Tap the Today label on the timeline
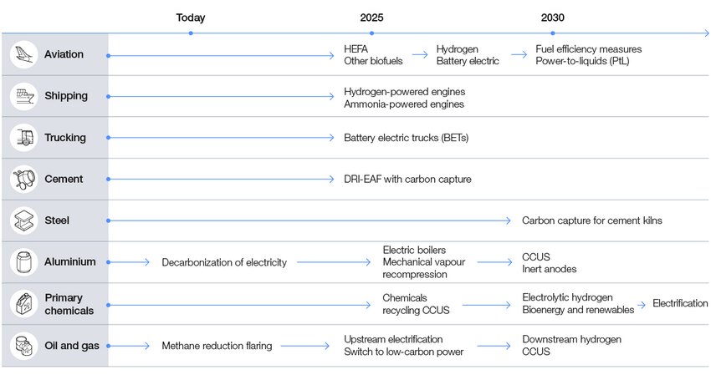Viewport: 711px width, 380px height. point(190,18)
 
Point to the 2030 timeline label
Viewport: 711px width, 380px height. point(552,18)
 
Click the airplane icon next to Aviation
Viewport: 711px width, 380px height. point(23,54)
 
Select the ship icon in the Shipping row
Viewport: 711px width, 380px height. point(23,96)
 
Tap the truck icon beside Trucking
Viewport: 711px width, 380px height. point(23,138)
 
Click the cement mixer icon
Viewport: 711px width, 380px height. point(23,179)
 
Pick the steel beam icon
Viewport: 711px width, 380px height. point(23,220)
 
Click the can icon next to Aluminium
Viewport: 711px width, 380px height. point(23,261)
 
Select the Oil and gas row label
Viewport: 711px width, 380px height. point(71,345)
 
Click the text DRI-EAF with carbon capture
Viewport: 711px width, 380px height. point(408,179)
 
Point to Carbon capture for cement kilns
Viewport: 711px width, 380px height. point(591,220)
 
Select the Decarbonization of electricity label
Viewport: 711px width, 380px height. point(224,262)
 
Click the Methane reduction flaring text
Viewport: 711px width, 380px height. point(217,346)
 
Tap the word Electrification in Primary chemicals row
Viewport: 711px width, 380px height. point(679,303)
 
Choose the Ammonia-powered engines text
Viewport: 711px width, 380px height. point(403,104)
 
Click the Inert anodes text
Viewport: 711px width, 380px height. point(549,269)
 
